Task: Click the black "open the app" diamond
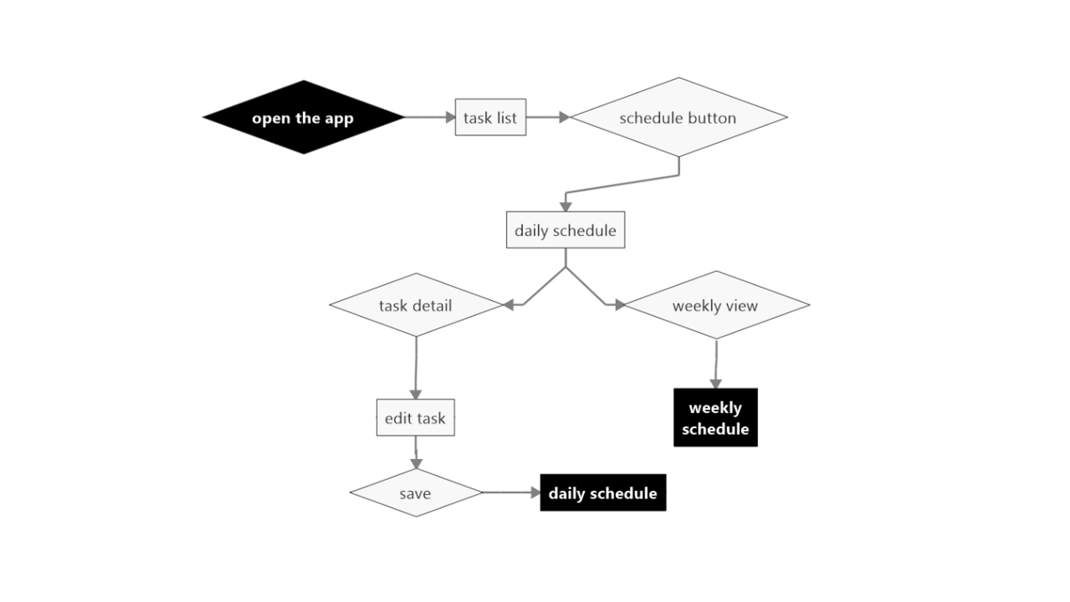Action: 303,118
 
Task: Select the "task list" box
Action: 490,118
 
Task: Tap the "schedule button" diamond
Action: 678,118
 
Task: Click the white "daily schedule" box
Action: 565,230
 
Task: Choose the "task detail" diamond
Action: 416,305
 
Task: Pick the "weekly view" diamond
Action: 716,305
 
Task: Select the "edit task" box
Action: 415,418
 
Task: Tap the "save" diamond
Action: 416,493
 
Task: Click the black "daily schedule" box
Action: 603,493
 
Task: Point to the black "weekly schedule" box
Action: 716,418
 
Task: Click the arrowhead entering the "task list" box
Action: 451,117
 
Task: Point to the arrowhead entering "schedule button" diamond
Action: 564,117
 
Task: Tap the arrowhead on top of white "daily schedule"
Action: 566,207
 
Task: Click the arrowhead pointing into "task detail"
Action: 508,305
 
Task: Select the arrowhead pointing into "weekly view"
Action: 620,305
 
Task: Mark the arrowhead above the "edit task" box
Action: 415,395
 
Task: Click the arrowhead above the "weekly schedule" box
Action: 716,383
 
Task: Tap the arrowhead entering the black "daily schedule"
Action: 536,493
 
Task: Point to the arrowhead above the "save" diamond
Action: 416,464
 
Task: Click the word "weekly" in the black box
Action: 715,408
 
